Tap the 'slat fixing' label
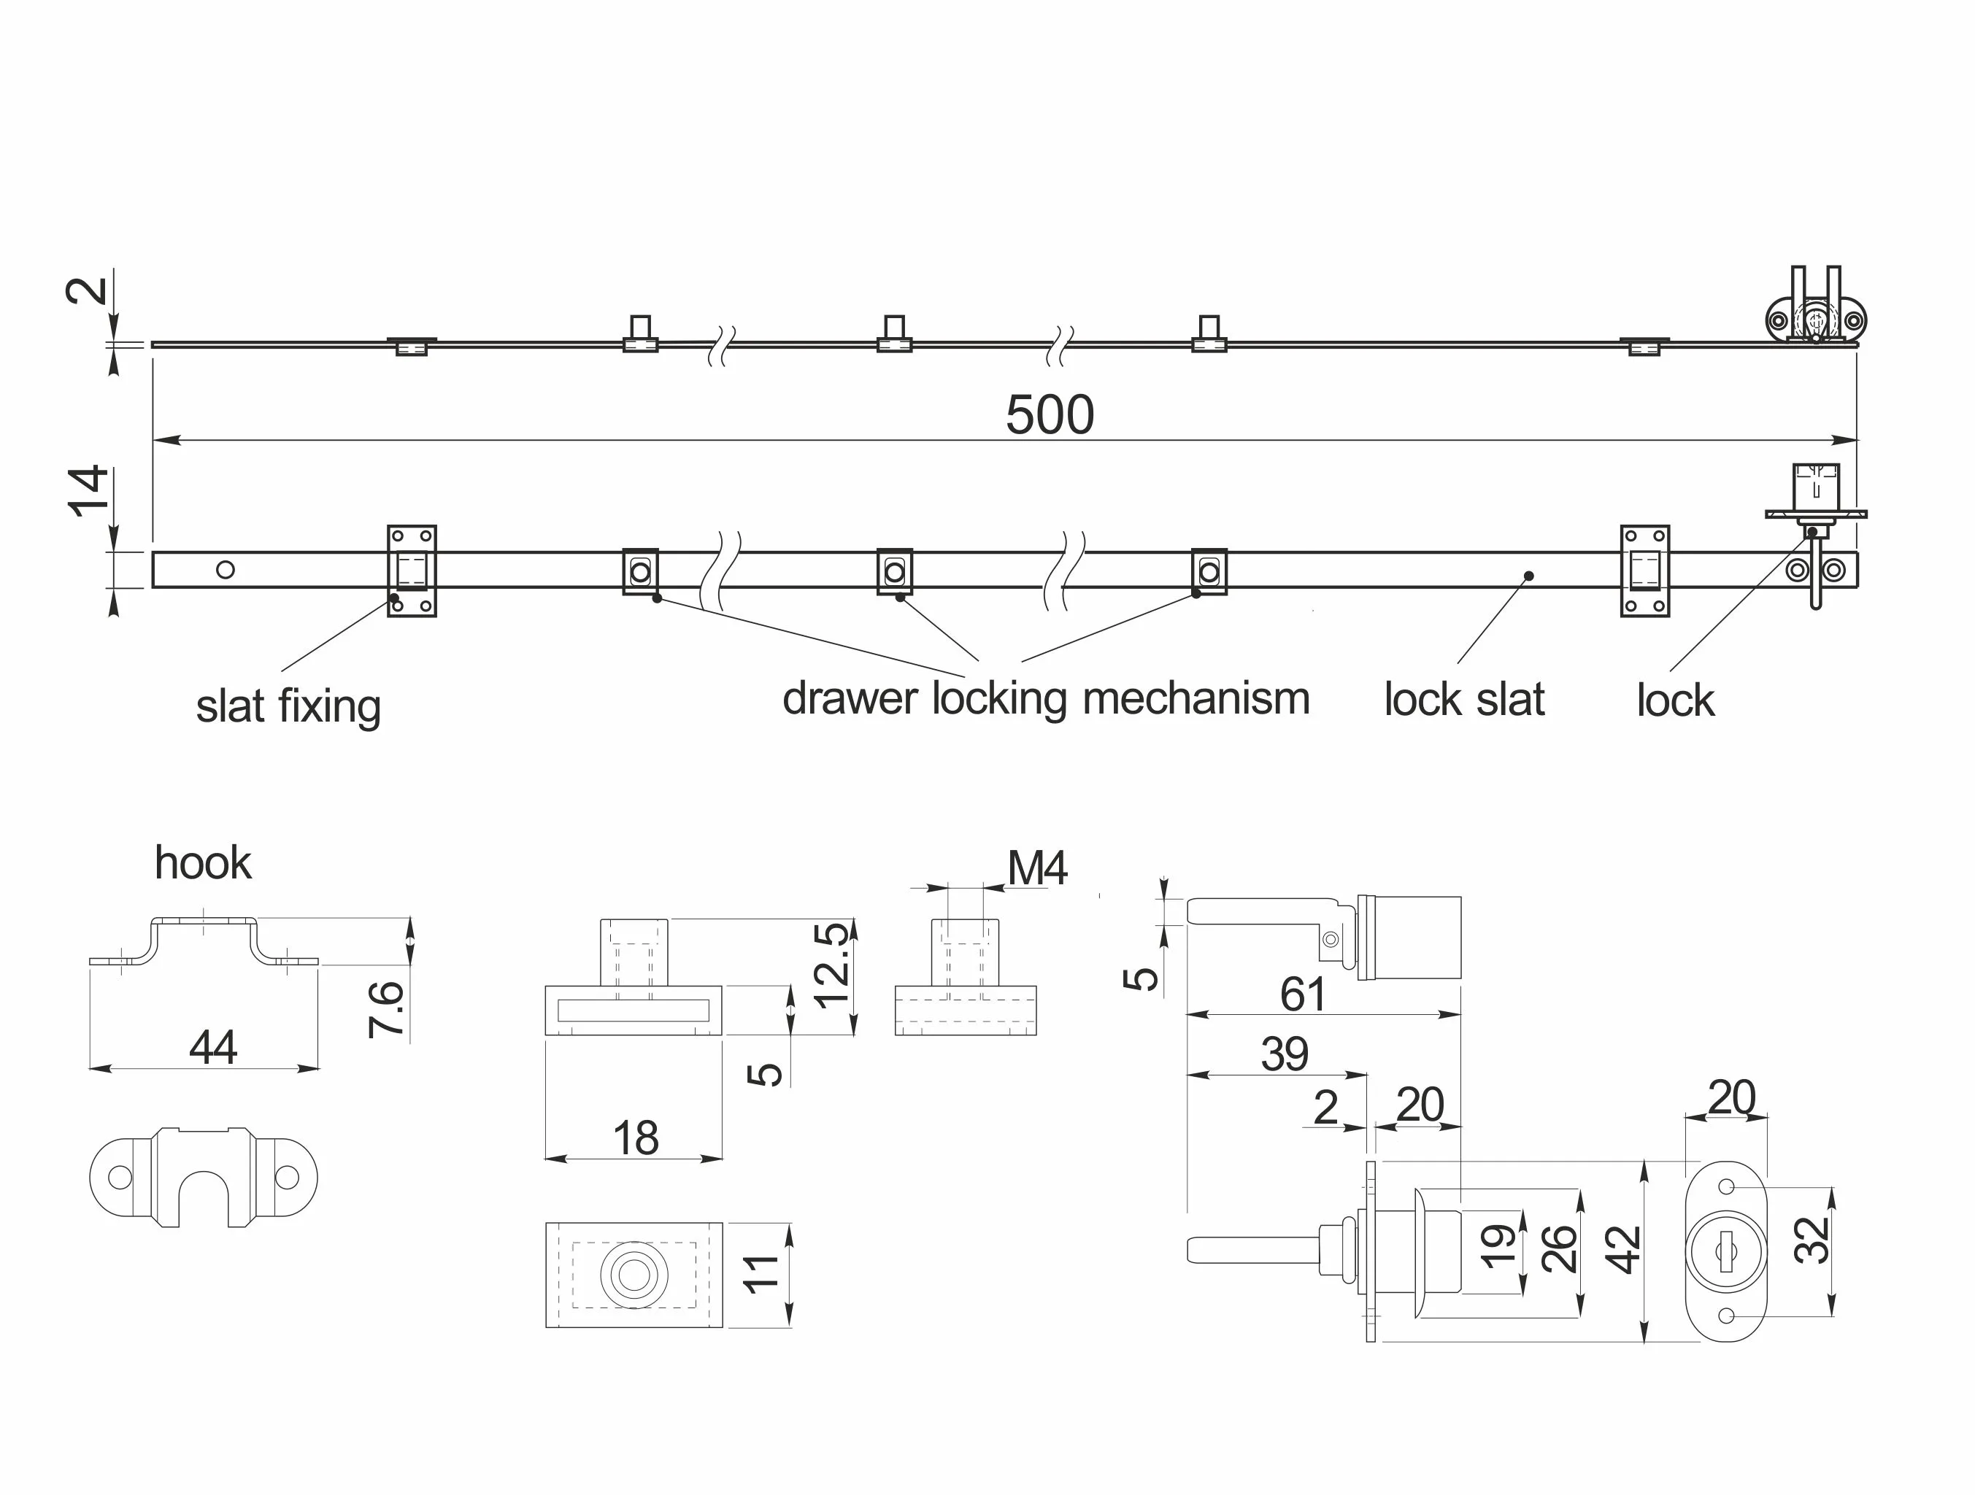tap(288, 706)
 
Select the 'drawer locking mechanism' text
tap(1046, 698)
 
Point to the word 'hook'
tap(203, 863)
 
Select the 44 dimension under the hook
tap(212, 1047)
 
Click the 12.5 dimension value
tap(832, 965)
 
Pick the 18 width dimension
tap(635, 1138)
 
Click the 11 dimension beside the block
tap(761, 1274)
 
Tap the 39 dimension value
tap(1284, 1054)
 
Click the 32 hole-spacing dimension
tap(1812, 1240)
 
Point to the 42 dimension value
tap(1623, 1250)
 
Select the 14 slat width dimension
tap(89, 490)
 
